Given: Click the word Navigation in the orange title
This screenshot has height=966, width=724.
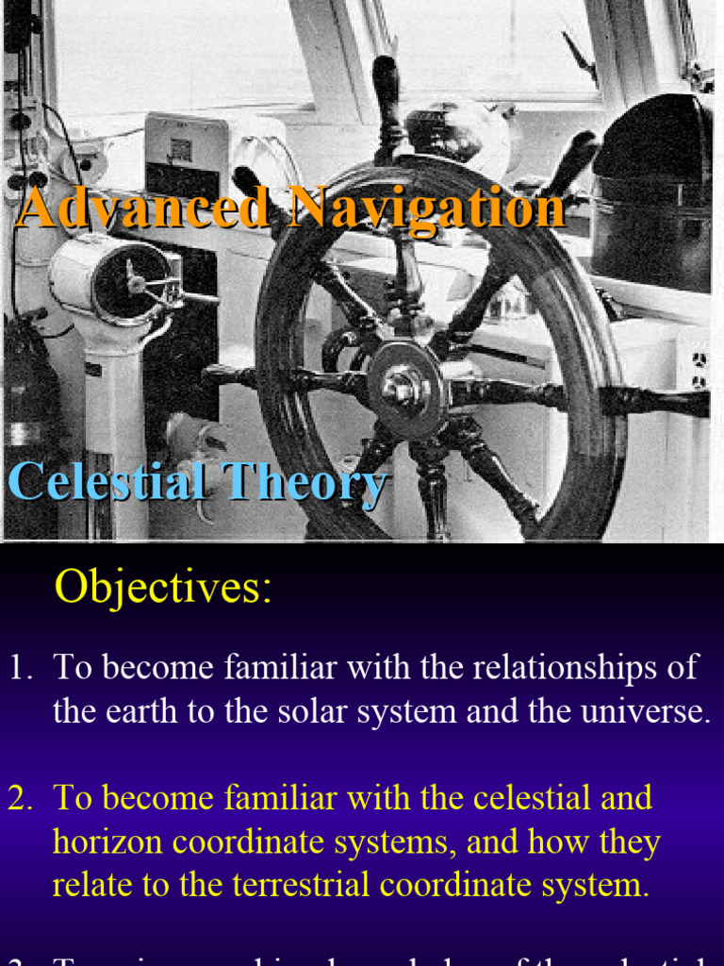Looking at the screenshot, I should click(426, 208).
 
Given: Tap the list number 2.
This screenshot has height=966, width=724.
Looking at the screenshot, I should click(20, 798).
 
